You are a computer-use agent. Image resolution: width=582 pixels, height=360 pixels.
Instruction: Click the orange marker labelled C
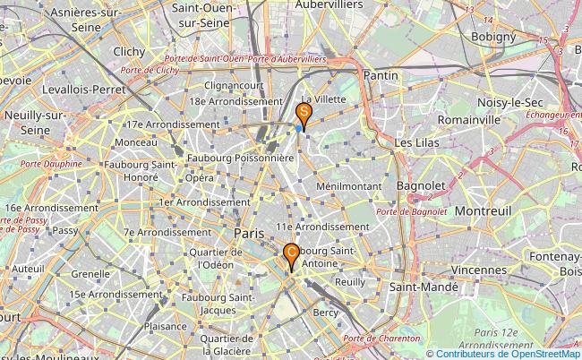[291, 254]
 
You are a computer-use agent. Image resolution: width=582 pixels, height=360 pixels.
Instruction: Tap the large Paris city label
[250, 233]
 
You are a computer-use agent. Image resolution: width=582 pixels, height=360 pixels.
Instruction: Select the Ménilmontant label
[349, 185]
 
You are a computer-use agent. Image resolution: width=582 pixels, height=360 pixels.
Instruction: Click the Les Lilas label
[415, 142]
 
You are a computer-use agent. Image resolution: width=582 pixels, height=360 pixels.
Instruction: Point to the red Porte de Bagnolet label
[411, 211]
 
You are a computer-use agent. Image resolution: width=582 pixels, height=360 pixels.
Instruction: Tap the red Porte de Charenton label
[381, 339]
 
